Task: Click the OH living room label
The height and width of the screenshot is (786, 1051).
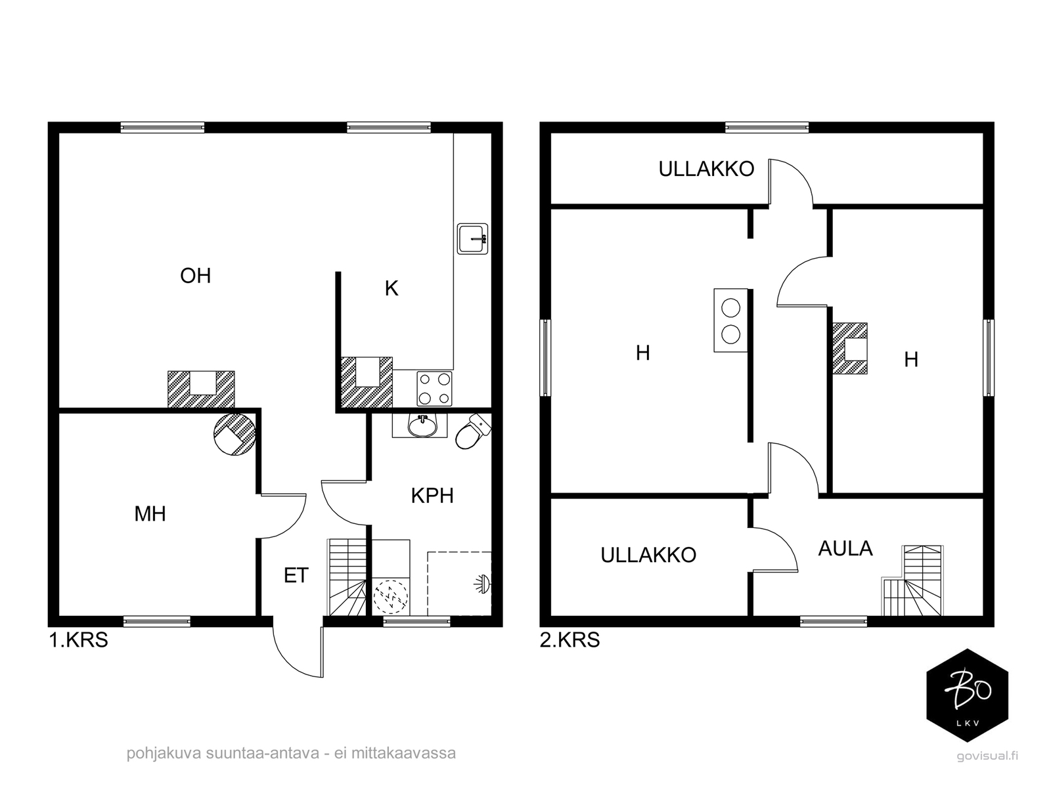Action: [195, 276]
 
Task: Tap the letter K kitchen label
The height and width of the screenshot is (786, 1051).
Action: [391, 289]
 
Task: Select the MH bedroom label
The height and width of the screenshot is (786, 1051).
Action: [150, 514]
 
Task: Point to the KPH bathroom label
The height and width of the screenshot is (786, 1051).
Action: [432, 496]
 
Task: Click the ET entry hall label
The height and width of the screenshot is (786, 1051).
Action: [296, 575]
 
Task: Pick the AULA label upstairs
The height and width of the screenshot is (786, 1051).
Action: [845, 548]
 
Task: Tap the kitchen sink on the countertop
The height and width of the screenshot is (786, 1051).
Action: [472, 239]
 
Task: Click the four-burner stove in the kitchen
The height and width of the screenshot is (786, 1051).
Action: [434, 389]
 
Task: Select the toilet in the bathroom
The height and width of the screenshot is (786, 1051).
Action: [473, 432]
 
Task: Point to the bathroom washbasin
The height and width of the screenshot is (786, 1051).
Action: [422, 426]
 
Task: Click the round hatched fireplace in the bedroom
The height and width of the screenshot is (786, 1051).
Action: [234, 434]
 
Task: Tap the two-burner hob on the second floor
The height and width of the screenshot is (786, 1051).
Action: [730, 320]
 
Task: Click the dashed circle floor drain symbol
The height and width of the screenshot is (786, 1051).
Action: [391, 596]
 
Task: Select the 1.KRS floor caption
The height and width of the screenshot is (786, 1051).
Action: [79, 640]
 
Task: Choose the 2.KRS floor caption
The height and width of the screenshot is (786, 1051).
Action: [570, 640]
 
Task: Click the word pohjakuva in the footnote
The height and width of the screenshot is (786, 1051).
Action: [164, 753]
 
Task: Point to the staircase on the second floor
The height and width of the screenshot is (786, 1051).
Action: [912, 580]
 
